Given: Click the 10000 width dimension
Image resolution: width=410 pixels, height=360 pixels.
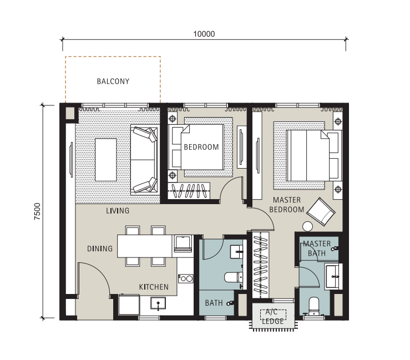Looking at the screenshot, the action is coord(204,34).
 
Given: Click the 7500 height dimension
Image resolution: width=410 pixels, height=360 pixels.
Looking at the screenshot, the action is coord(38,211).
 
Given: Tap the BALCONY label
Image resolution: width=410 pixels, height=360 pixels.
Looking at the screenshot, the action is coord(113,82).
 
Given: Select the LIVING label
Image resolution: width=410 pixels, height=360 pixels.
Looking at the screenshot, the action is coord(118,210).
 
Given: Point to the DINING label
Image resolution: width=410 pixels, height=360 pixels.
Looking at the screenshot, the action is coord(100,249).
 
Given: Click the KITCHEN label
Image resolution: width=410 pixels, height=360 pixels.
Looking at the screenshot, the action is coord(154,287).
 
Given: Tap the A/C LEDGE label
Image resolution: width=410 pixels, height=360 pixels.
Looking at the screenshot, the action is coord(273,316).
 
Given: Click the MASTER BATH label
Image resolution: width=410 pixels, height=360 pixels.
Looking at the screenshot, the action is coord(317,249).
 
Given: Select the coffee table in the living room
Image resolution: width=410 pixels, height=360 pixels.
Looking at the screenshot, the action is coord(105,160).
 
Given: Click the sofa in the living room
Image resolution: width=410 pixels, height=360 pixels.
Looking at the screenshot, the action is coord(145,160).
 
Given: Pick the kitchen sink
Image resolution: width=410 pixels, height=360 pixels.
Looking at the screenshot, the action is coord(158,303).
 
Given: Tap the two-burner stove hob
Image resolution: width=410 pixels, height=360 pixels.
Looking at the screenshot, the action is coord(186,278).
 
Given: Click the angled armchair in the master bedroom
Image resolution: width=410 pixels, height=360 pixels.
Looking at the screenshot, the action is coord(321,212).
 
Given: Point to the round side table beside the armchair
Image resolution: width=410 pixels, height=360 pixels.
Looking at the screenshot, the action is coord(307,226).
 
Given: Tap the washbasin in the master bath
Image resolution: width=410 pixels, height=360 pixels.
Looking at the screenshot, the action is coord(332,277).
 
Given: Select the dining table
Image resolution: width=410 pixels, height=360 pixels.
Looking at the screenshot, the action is coord(145,246).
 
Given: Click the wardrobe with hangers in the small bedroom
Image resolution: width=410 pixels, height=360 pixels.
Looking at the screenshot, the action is coord(189,191).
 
